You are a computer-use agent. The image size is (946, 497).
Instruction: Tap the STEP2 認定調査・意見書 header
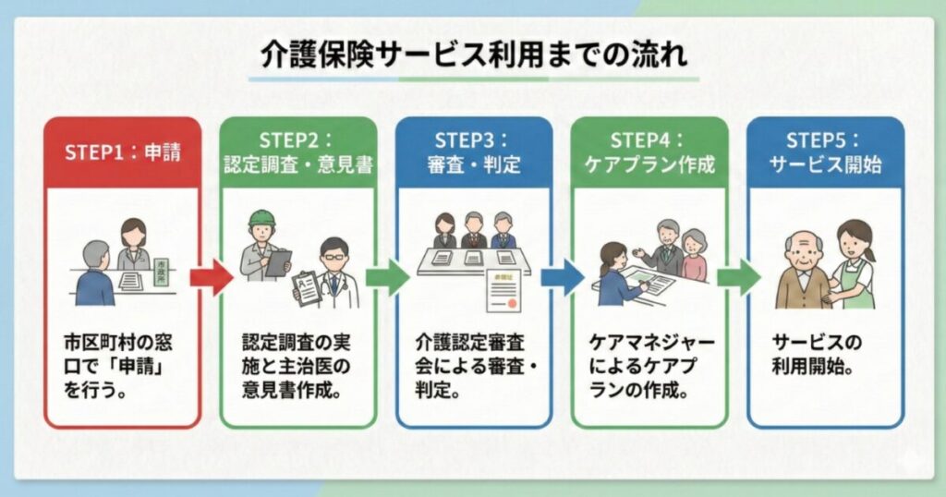(x=297, y=152)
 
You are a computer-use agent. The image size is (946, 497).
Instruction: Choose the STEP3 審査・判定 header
(x=474, y=152)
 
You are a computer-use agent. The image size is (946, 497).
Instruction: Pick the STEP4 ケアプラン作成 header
(x=649, y=152)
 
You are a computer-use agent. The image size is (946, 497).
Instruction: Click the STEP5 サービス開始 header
(x=825, y=152)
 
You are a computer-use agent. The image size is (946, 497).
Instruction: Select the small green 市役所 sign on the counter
(x=163, y=268)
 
